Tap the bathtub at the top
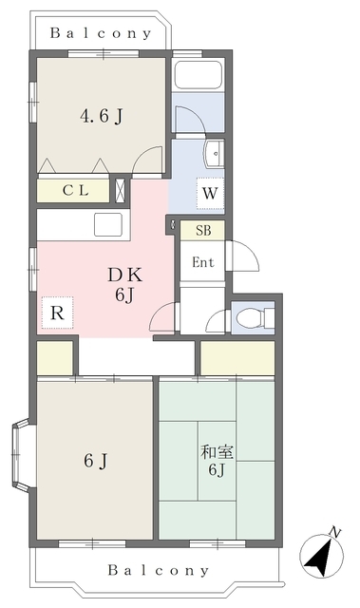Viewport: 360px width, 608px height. click(x=198, y=75)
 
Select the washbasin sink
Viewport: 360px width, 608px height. click(x=215, y=154)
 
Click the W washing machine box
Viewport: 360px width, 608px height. click(x=210, y=193)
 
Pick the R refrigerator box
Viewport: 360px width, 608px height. click(x=57, y=313)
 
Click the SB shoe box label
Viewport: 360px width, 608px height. click(x=203, y=230)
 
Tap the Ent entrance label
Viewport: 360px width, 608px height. click(x=203, y=262)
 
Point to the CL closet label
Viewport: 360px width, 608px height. click(x=76, y=190)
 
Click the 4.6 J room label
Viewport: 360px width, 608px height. click(x=101, y=116)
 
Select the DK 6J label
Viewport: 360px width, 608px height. click(x=125, y=285)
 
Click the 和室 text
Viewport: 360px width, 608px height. click(x=217, y=452)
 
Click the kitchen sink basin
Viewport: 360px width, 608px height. click(x=108, y=224)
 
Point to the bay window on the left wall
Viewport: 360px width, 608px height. click(x=21, y=454)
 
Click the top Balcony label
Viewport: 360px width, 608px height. click(x=101, y=33)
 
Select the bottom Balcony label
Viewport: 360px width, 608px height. click(x=158, y=570)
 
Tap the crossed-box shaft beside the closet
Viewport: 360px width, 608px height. click(x=121, y=190)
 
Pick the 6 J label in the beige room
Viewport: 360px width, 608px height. click(x=95, y=462)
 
